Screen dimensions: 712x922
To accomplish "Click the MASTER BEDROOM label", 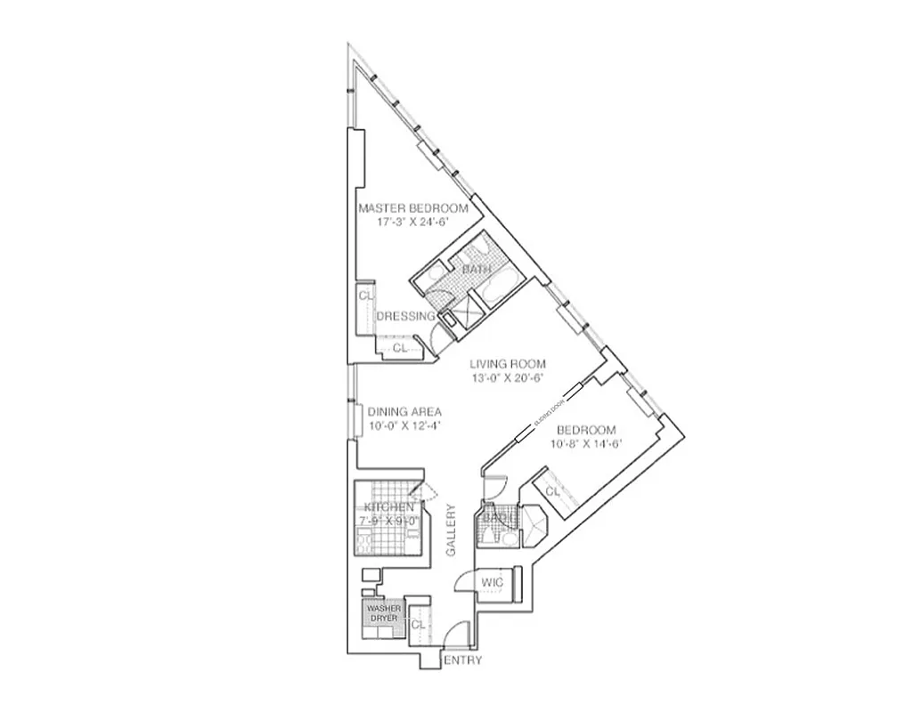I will point(412,208).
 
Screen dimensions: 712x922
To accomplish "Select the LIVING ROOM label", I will point(508,363).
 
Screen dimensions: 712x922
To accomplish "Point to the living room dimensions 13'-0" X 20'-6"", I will point(508,377).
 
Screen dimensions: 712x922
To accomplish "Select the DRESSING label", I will point(405,316).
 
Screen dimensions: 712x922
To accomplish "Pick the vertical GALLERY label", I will point(451,530).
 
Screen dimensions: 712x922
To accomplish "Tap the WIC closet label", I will point(493,583).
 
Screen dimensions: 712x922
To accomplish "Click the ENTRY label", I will point(462,660).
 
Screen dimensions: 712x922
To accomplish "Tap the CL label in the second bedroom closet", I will point(552,491).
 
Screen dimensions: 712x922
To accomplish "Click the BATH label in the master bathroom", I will point(476,269).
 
